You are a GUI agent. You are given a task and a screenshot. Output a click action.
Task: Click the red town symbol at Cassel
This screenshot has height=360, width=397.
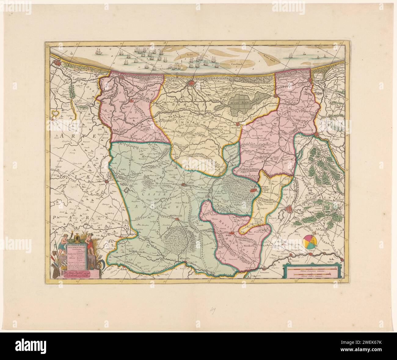coord(184,184)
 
